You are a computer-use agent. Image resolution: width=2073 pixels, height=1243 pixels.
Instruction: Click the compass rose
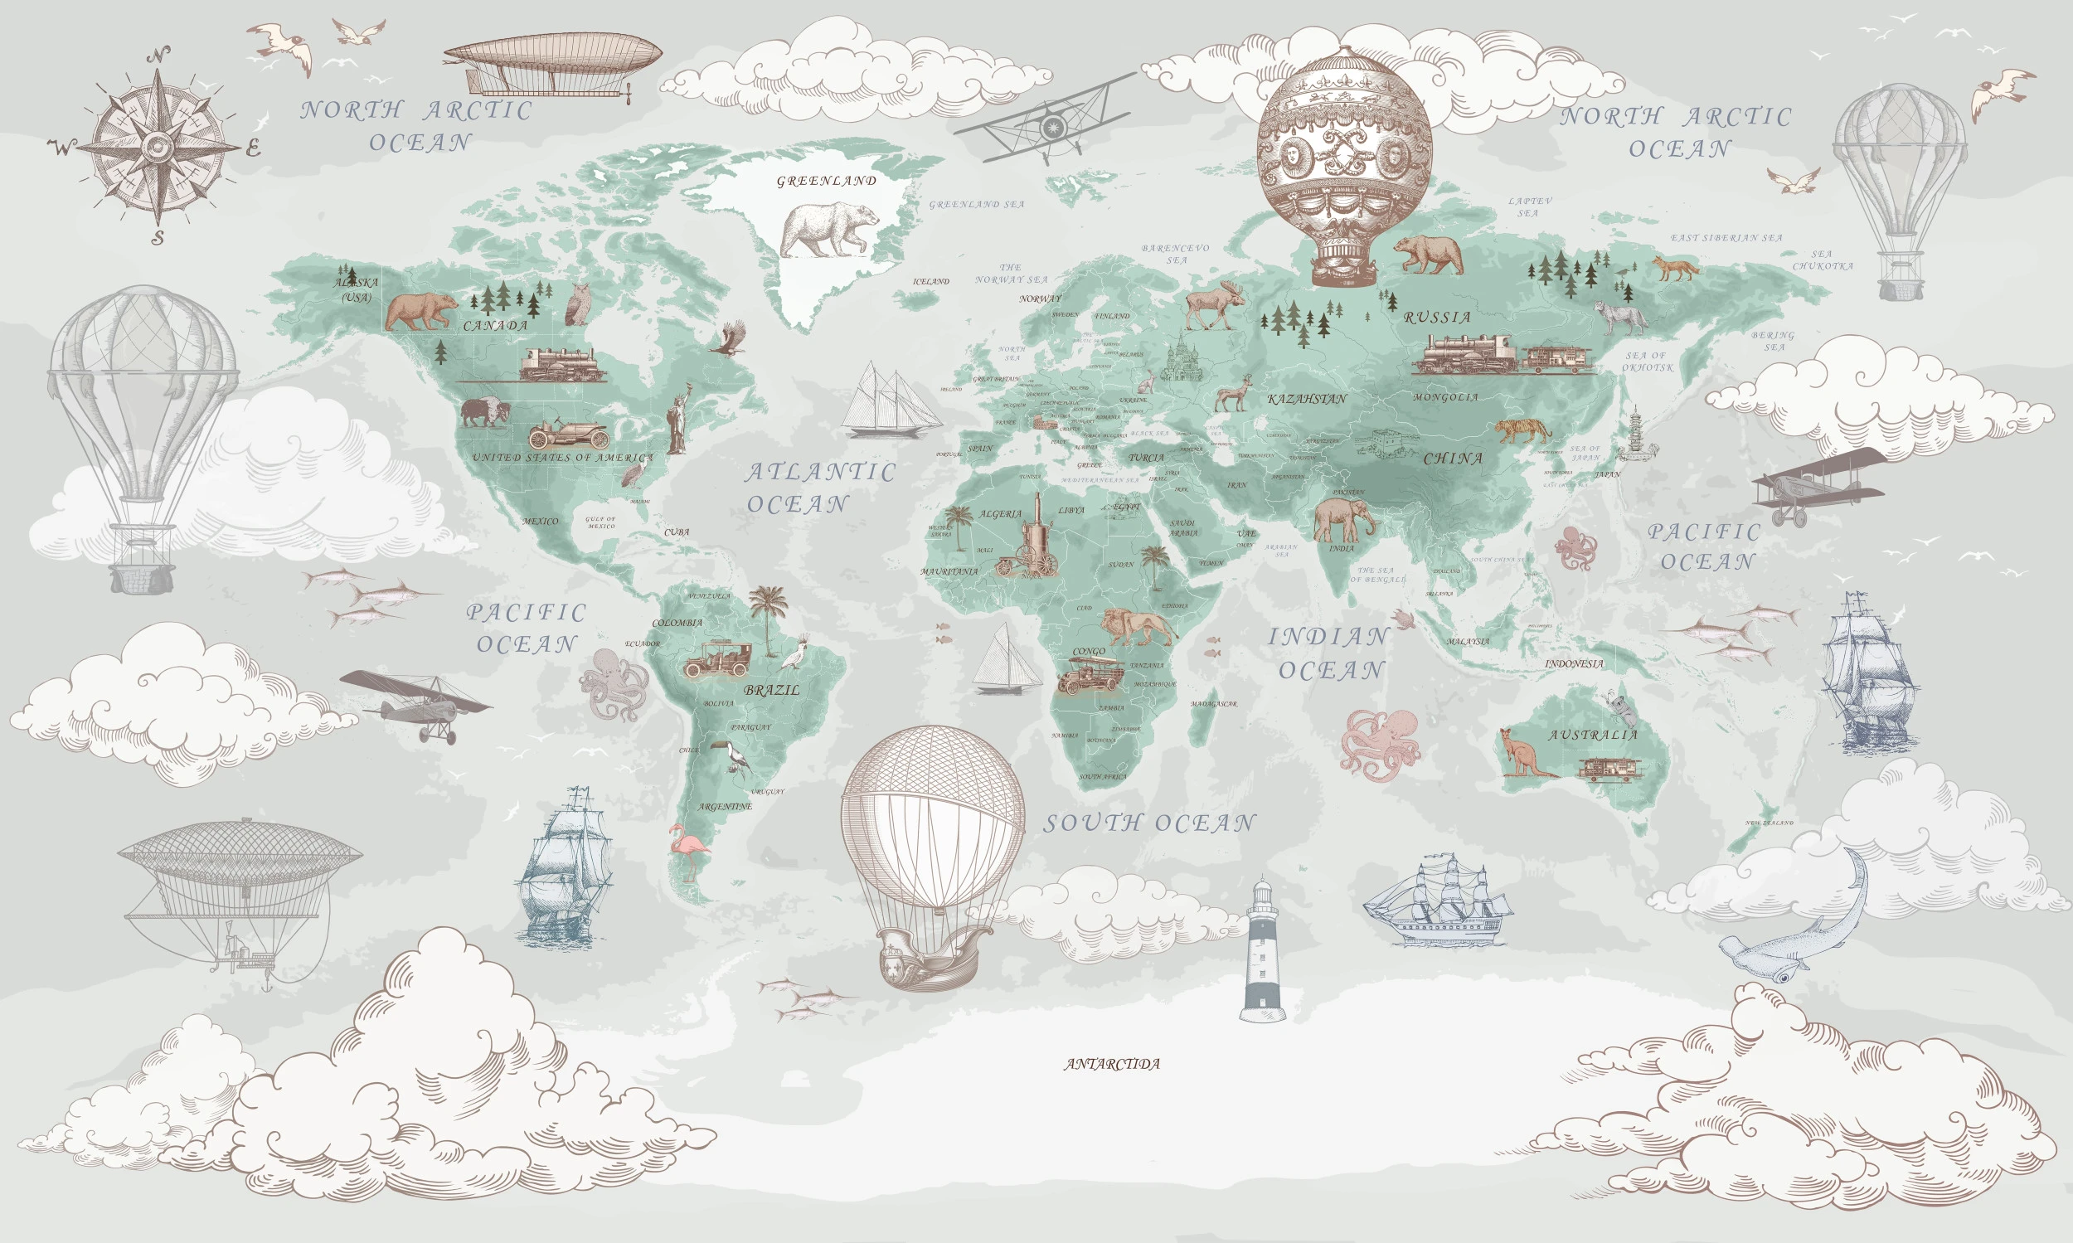click(158, 148)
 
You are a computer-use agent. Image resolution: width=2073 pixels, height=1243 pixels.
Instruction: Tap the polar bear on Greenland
click(829, 230)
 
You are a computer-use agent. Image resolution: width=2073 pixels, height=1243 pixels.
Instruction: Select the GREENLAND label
click(826, 181)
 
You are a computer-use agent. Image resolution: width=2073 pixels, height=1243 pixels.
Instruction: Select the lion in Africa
click(1136, 627)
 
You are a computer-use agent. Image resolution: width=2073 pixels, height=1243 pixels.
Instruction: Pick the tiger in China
click(1522, 430)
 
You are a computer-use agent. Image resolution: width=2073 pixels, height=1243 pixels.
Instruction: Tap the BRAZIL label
click(771, 691)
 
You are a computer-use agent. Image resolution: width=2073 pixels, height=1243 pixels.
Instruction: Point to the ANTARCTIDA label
click(1112, 1065)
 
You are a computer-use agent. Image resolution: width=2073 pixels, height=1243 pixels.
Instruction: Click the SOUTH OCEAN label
click(1149, 823)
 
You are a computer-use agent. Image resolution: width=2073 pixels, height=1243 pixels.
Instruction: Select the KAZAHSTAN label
click(1307, 400)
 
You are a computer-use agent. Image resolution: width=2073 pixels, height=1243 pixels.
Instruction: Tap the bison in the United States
click(484, 412)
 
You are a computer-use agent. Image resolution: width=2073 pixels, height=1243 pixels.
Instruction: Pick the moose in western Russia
click(1214, 305)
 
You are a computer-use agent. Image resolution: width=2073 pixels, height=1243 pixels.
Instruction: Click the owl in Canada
click(578, 304)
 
